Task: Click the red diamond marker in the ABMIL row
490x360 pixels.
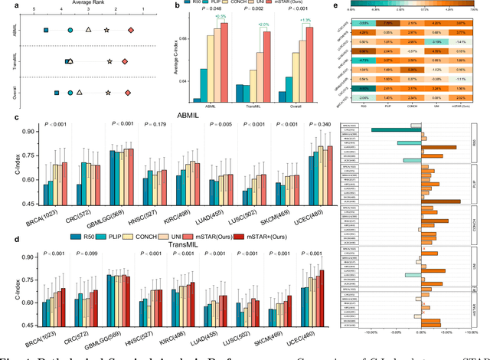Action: pos(130,29)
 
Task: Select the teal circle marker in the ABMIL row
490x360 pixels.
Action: pos(70,29)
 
